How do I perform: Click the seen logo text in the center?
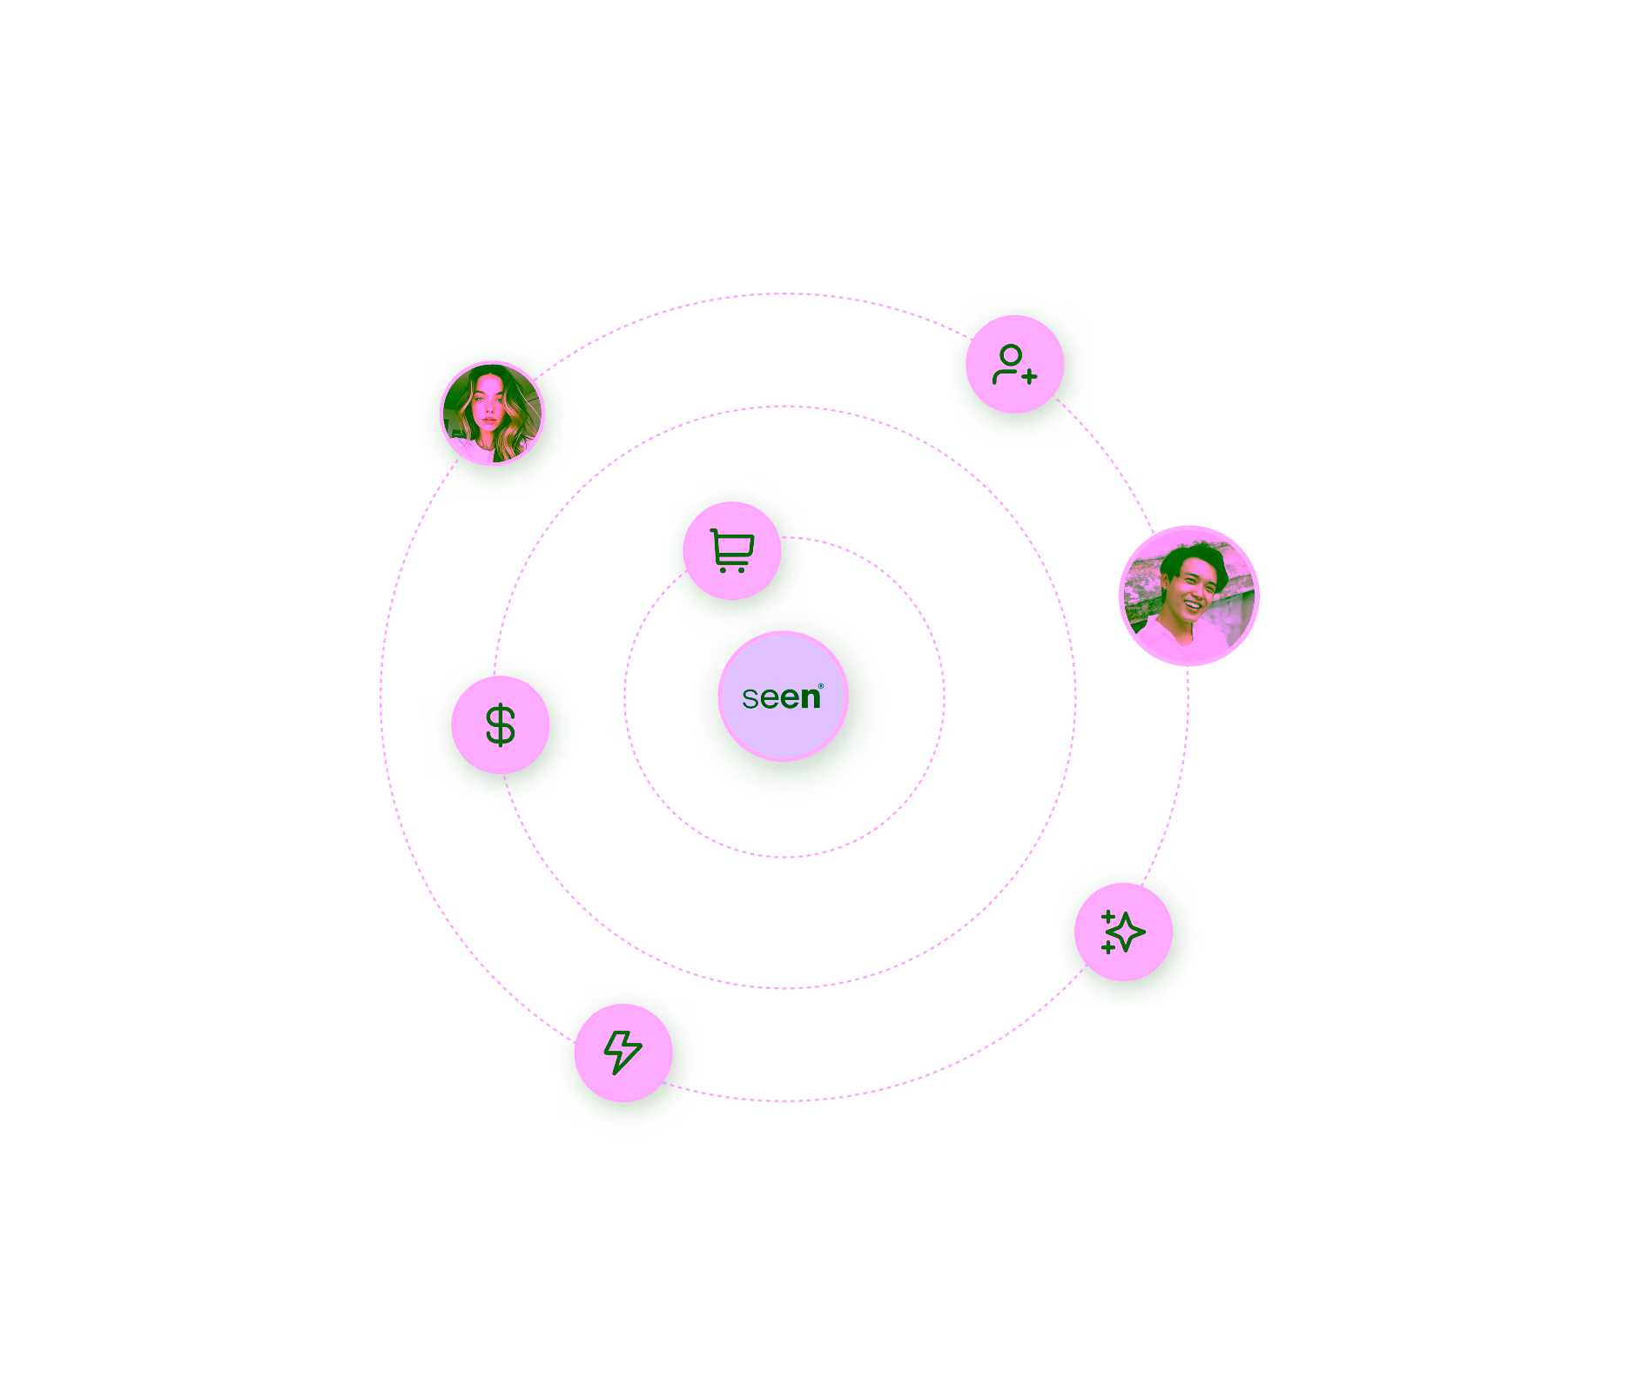(781, 697)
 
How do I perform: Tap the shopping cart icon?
(731, 550)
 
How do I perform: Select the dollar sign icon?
(501, 725)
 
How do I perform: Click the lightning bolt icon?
(623, 1052)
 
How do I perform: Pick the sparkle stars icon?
(1123, 932)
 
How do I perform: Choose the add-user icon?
(1014, 365)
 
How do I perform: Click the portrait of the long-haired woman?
(493, 414)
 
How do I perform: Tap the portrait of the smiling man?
(1188, 596)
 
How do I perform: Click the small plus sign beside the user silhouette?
(1030, 377)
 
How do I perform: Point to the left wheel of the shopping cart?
(723, 569)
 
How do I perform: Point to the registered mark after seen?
(821, 686)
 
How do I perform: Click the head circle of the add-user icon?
(1011, 355)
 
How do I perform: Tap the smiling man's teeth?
(1192, 602)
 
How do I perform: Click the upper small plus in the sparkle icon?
(1107, 917)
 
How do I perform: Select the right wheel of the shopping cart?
(741, 569)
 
